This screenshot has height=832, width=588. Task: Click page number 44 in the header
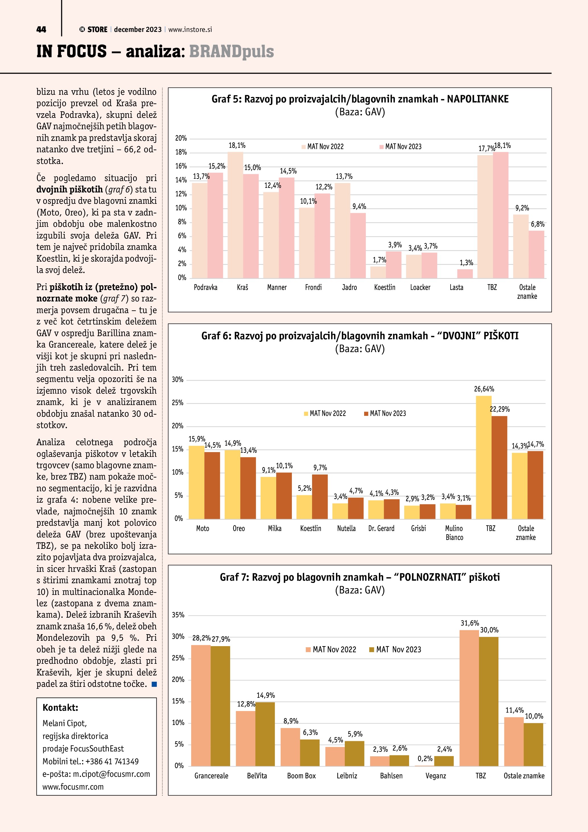[41, 30]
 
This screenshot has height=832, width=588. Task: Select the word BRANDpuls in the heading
[231, 52]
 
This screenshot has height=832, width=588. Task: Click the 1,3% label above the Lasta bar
[466, 263]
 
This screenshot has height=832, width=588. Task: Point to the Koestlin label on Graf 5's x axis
[385, 287]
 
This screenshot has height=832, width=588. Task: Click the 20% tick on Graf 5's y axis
[181, 138]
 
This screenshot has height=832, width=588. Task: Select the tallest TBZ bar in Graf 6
[484, 457]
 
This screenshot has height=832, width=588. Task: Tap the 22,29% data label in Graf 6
[500, 409]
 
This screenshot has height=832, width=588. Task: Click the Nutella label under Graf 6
[346, 528]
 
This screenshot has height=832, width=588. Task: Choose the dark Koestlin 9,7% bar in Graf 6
[320, 496]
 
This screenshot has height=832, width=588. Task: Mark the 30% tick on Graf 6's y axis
[178, 380]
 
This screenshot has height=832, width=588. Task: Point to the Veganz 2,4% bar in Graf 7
[443, 761]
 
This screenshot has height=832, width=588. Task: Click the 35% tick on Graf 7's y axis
[178, 615]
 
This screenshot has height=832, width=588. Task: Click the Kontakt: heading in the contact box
[61, 708]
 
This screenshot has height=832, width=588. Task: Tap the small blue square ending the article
[154, 684]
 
